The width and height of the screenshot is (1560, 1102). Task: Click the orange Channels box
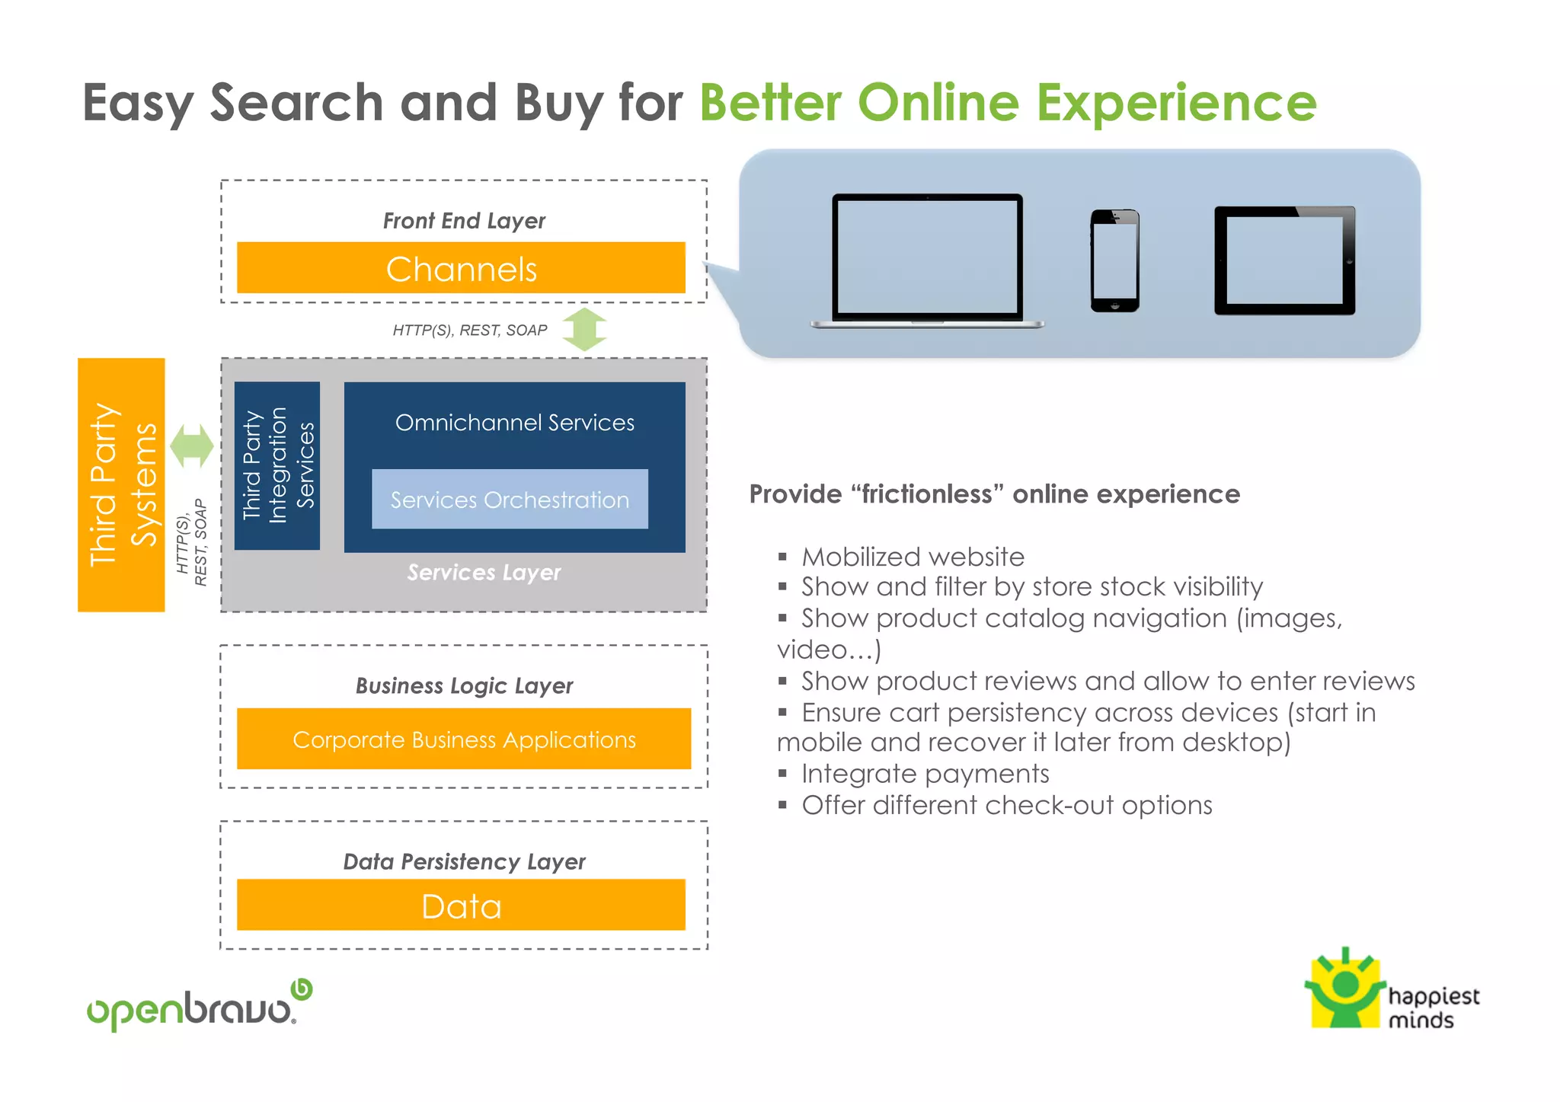[x=461, y=268]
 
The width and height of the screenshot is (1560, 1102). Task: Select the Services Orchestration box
[x=510, y=500]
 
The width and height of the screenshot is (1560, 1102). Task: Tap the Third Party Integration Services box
[x=277, y=465]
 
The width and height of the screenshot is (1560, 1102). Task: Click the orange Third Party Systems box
[x=121, y=484]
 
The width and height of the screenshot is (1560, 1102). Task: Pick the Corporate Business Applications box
[x=464, y=739]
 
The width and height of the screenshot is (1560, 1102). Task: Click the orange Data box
[x=461, y=905]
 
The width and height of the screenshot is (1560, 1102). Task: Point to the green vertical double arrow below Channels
[x=584, y=330]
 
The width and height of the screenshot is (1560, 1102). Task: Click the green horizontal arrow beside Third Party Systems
[x=192, y=446]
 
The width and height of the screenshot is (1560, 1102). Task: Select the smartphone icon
[x=1114, y=260]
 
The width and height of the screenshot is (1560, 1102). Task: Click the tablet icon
[x=1284, y=260]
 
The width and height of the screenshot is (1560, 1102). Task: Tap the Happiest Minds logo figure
[x=1345, y=989]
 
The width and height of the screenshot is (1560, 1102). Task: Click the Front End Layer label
[x=464, y=221]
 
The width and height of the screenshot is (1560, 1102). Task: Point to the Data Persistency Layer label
[x=464, y=861]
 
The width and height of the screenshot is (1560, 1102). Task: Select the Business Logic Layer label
[x=464, y=685]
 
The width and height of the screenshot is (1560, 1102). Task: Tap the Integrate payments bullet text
[x=925, y=774]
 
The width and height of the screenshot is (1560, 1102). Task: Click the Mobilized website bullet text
[x=913, y=557]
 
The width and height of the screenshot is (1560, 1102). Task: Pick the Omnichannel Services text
[x=514, y=423]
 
